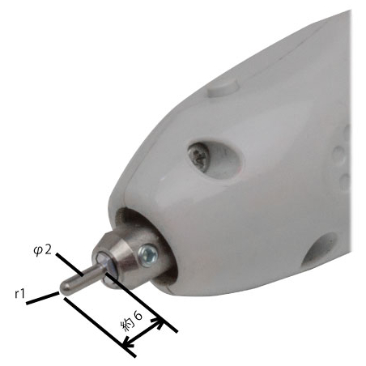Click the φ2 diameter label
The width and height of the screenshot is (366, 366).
42,250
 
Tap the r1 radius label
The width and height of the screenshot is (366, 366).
19,294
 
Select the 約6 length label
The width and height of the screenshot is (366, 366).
131,321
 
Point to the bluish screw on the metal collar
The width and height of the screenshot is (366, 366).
147,255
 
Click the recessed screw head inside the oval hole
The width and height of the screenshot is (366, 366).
199,156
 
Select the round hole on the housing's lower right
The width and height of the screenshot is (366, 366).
320,248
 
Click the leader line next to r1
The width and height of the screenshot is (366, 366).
43,299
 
